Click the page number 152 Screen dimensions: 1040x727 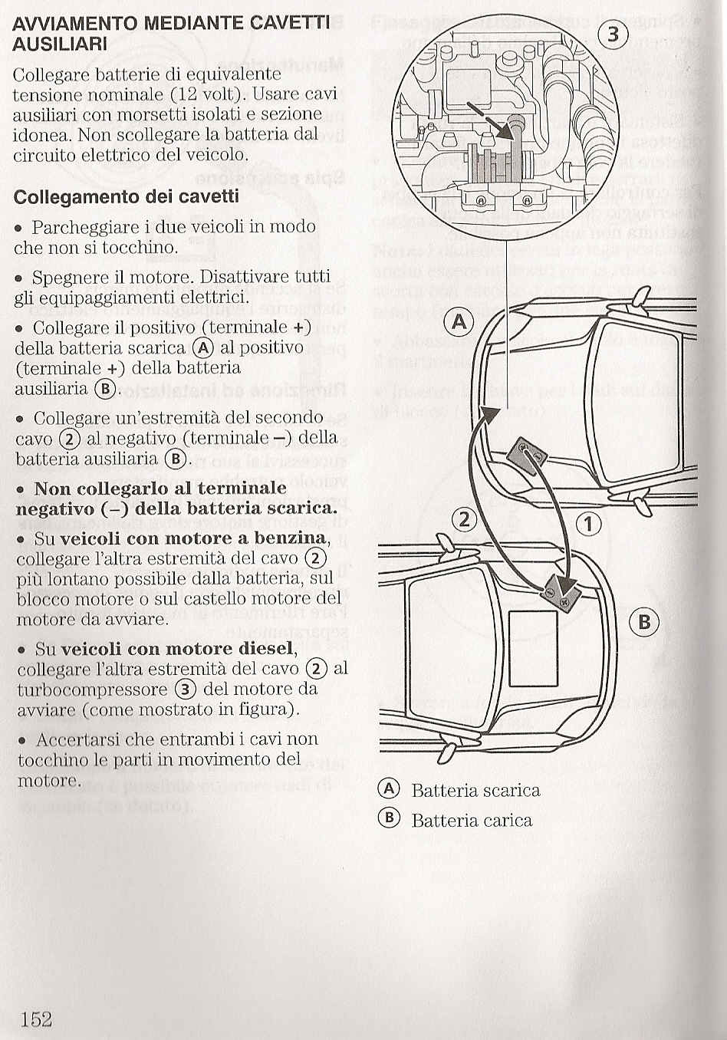[x=36, y=1019]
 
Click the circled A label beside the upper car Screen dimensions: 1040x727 [x=459, y=321]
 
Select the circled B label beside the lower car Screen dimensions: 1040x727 [x=643, y=621]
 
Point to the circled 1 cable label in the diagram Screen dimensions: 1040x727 [x=588, y=524]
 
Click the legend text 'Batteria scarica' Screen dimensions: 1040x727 [x=475, y=791]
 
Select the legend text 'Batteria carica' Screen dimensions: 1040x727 [x=472, y=821]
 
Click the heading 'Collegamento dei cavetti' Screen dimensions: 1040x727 [x=127, y=196]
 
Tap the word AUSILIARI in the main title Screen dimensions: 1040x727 [x=60, y=44]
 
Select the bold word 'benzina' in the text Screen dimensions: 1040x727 [x=291, y=538]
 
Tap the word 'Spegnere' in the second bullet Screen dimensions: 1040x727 [x=66, y=277]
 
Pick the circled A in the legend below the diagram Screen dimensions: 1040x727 [x=390, y=789]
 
